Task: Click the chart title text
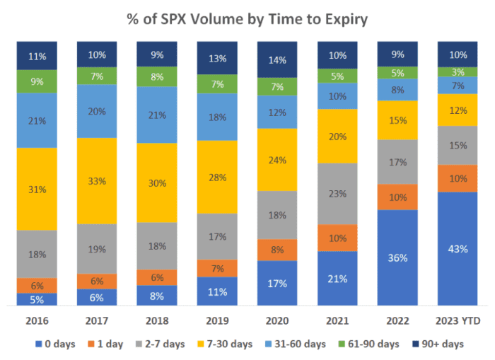point(247,19)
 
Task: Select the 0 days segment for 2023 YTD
point(458,248)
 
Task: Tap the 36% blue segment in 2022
point(398,257)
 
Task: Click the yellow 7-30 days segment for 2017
point(96,181)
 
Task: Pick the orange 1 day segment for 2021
point(338,238)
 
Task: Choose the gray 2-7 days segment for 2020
point(277,214)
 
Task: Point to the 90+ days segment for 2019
point(217,58)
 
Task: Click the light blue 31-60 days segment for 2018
point(157,115)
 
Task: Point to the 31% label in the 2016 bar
point(37,189)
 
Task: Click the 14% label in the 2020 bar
point(277,59)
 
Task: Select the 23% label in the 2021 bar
point(338,194)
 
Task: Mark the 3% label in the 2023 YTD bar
point(458,71)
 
